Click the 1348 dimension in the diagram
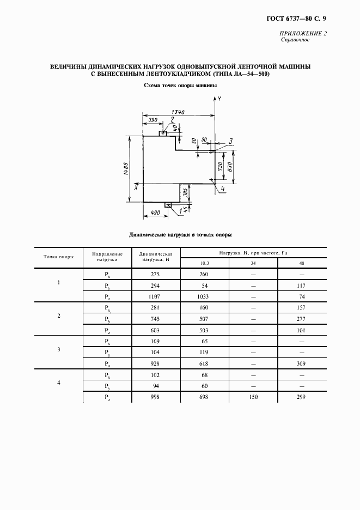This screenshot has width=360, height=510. [177, 112]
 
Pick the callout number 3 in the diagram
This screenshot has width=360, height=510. [230, 142]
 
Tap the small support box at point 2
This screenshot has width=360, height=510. [163, 133]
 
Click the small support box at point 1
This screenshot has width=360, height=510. [168, 205]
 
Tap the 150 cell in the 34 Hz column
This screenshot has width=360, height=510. [253, 397]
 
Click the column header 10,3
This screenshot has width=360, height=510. [204, 264]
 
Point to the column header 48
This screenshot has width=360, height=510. [302, 264]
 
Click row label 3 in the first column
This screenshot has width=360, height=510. [59, 349]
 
